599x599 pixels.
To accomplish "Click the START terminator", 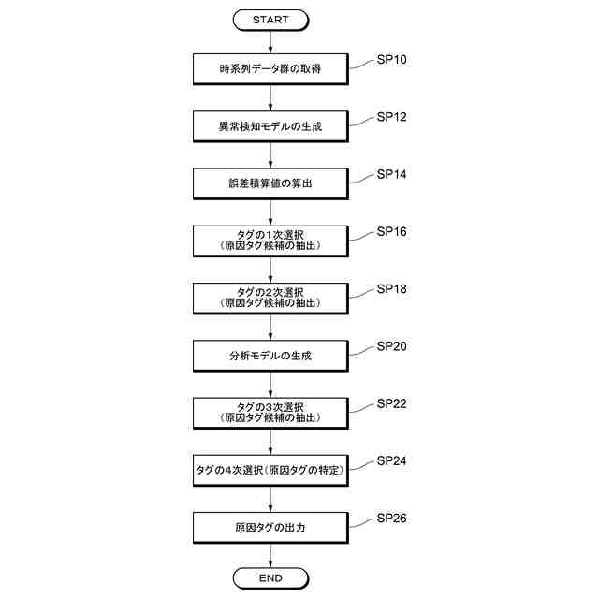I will (x=270, y=19).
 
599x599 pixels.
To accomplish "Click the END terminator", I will (x=270, y=578).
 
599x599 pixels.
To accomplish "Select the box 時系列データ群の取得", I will (x=270, y=68).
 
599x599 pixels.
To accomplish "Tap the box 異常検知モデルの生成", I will (x=270, y=125).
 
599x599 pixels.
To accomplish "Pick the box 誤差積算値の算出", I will (x=270, y=183).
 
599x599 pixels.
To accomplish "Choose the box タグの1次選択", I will (x=270, y=241).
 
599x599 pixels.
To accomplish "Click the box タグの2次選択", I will (x=270, y=298).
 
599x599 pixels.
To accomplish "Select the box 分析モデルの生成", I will (x=270, y=356).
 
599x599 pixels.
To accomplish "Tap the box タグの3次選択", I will (x=270, y=413).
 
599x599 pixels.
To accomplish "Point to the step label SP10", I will (x=391, y=60).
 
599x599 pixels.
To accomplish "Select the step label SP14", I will (x=391, y=174).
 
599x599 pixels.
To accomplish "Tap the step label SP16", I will (x=391, y=231).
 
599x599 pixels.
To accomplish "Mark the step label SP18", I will (x=391, y=288).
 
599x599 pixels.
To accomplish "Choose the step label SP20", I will (x=391, y=346).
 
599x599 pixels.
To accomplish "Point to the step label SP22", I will (x=391, y=403).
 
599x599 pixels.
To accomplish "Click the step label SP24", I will (x=391, y=461).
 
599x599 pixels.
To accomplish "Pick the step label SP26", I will (x=391, y=519).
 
